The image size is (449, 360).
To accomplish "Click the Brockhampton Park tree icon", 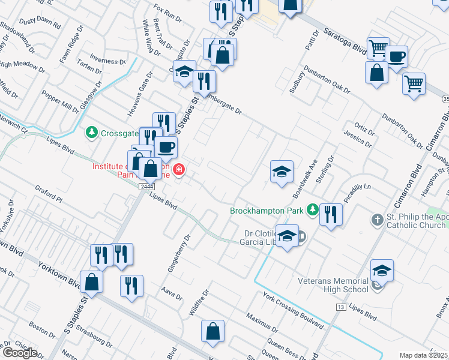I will point(312,210).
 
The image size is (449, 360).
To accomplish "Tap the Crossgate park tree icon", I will point(92,131).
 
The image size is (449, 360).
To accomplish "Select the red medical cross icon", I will point(178,172).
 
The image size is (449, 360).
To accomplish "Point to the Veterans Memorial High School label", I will point(334,285).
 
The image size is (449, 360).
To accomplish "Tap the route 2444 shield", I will point(146,187).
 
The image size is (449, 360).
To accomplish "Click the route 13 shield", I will point(340,307).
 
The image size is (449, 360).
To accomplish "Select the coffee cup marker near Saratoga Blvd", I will point(396,57).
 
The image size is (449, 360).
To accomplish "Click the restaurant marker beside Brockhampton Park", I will point(330,214).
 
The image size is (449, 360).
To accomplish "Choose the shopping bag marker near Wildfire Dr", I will point(213,331).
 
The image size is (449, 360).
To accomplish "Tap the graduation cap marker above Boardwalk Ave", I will point(282,172).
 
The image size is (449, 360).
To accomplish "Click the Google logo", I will point(19,353).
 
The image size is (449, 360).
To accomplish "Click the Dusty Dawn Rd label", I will point(40,24).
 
